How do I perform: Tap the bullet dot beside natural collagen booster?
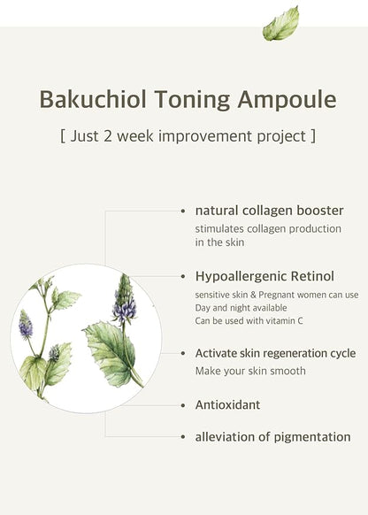[x=183, y=211]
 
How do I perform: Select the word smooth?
[x=287, y=371]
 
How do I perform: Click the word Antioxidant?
[x=227, y=404]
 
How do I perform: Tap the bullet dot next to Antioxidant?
[x=183, y=405]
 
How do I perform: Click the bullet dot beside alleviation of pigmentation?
[x=183, y=437]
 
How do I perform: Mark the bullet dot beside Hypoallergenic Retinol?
[x=183, y=275]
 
